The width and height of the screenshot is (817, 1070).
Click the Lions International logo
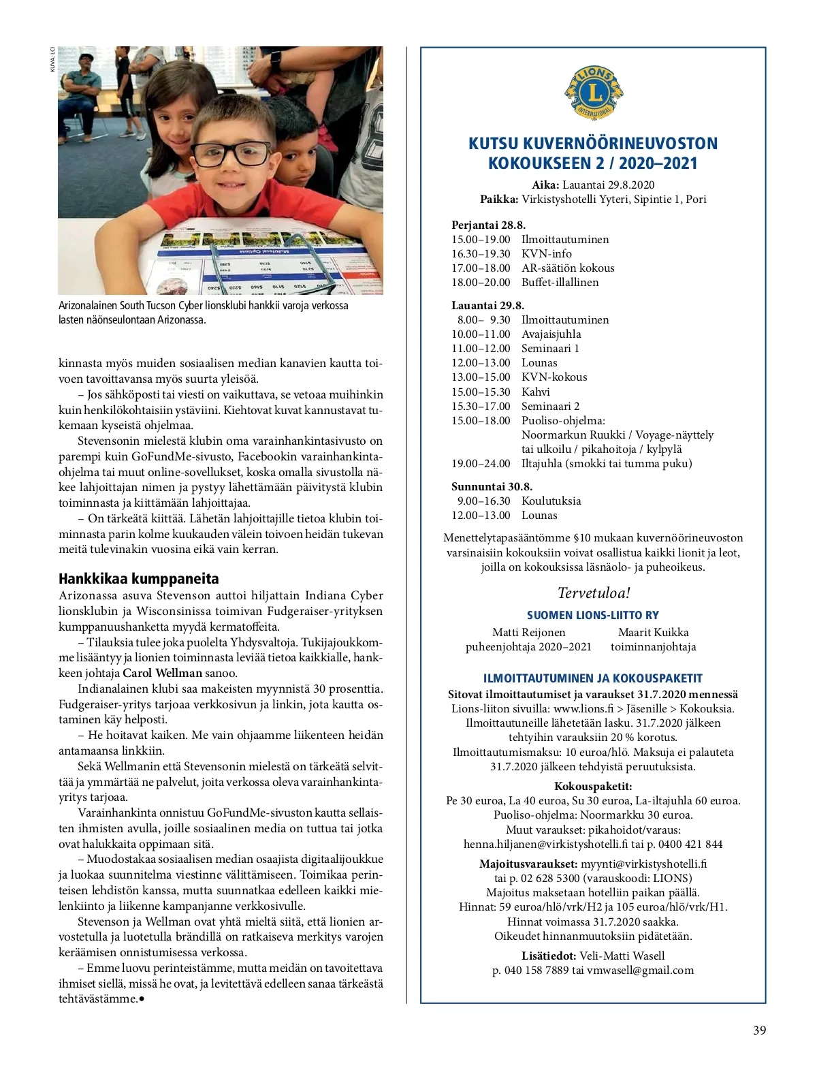pyautogui.click(x=593, y=93)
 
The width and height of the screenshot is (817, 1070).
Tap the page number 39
pyautogui.click(x=759, y=1030)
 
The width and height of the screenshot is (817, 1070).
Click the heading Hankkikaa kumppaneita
pyautogui.click(x=139, y=579)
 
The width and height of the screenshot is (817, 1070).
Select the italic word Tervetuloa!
pyautogui.click(x=594, y=593)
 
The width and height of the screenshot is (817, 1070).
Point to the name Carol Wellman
pyautogui.click(x=162, y=673)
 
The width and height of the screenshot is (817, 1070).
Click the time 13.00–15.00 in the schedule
pyautogui.click(x=481, y=377)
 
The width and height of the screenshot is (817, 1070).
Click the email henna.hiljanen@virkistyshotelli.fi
pyautogui.click(x=545, y=844)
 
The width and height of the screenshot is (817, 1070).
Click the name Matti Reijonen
pyautogui.click(x=528, y=632)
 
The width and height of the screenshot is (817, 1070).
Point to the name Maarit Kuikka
pyautogui.click(x=653, y=632)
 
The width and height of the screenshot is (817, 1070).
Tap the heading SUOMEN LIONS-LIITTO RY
pyautogui.click(x=593, y=615)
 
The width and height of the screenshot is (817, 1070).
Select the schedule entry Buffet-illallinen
pyautogui.click(x=560, y=282)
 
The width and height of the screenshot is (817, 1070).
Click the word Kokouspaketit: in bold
pyautogui.click(x=593, y=786)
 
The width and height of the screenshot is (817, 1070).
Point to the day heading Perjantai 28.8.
pyautogui.click(x=488, y=225)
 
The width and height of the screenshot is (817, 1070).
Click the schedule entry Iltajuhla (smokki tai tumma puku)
pyautogui.click(x=607, y=463)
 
